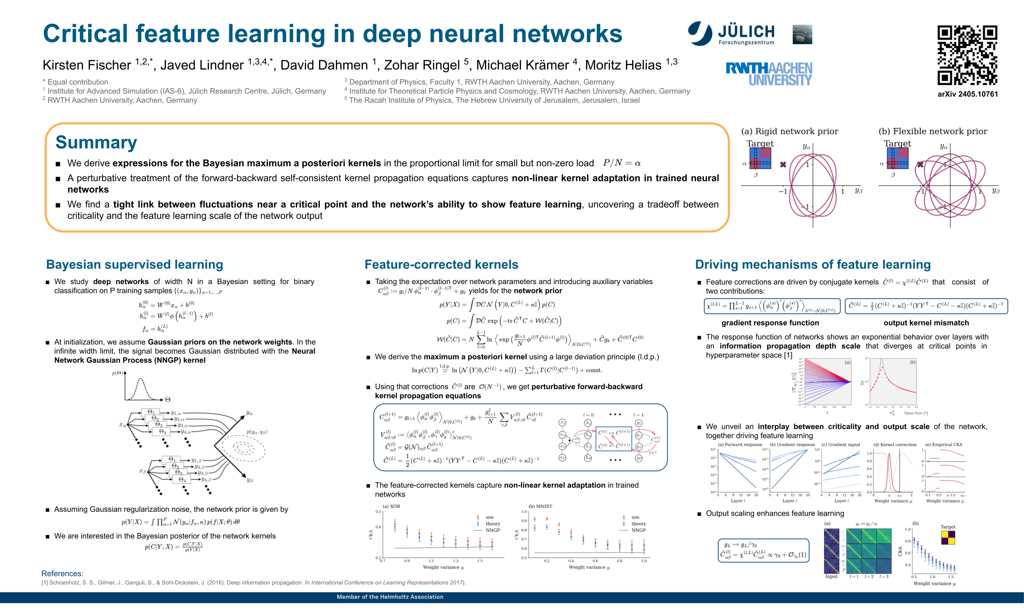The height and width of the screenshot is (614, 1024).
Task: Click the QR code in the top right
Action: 967,55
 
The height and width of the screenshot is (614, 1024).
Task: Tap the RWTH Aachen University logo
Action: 769,74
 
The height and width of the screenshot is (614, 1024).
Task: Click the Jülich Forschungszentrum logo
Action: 731,34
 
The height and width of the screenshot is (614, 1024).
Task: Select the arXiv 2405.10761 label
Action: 967,94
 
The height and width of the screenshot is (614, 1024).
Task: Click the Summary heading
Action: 96,142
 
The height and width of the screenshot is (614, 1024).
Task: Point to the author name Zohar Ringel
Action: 421,65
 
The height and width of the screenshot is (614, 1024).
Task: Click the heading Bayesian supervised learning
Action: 134,264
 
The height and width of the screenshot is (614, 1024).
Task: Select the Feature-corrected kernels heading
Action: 441,264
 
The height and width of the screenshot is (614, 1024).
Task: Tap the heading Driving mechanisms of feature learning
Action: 813,264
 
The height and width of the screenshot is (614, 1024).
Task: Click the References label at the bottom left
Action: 62,573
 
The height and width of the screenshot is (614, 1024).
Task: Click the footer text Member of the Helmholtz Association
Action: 390,597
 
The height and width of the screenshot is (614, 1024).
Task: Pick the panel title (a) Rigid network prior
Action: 789,131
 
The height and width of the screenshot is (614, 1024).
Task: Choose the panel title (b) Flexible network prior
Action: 933,131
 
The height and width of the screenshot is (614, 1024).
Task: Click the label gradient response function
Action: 770,323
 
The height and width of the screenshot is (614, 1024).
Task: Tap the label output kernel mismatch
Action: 926,323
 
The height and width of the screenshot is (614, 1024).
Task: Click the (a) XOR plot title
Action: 391,506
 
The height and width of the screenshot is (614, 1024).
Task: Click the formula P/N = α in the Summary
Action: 622,163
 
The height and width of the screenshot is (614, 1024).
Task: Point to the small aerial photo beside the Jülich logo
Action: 802,34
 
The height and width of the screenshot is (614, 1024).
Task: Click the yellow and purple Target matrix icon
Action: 948,537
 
